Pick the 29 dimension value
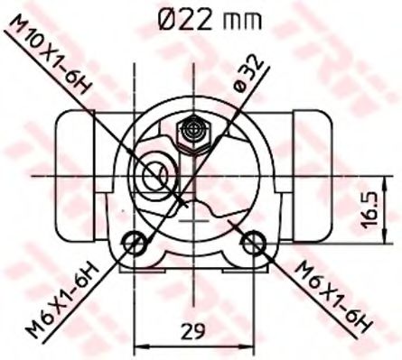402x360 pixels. (191, 330)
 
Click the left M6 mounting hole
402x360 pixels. (135, 242)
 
